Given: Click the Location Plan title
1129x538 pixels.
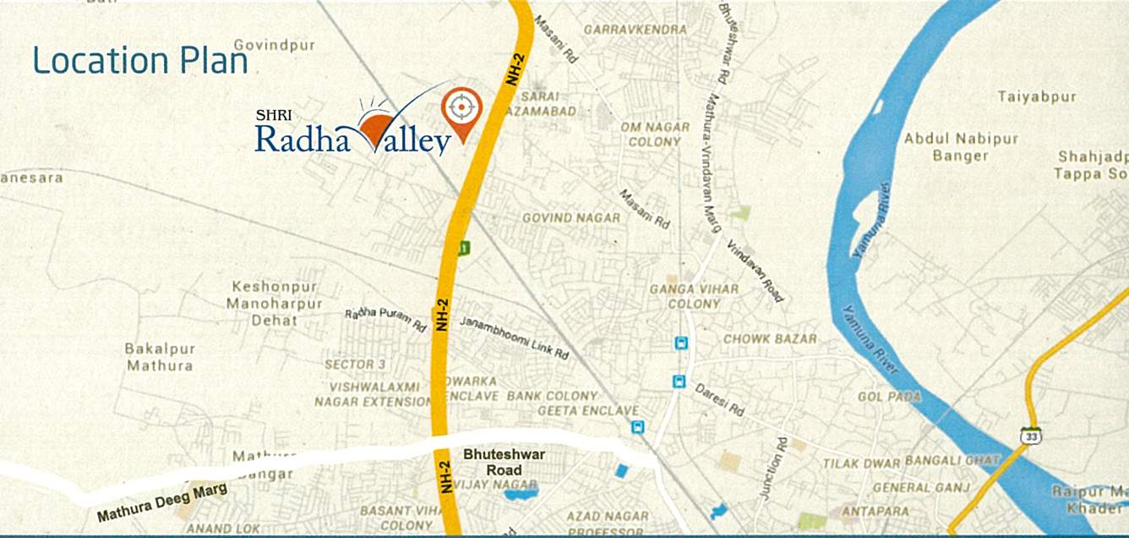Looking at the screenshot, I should pyautogui.click(x=140, y=61).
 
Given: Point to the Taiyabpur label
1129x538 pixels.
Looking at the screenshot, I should pyautogui.click(x=1037, y=97).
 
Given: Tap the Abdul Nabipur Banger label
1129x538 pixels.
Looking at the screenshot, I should pyautogui.click(x=961, y=146).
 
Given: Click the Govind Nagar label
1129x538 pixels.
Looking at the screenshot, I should pyautogui.click(x=571, y=217).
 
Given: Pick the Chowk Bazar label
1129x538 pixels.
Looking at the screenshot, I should pyautogui.click(x=770, y=338).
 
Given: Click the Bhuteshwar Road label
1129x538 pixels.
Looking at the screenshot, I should pyautogui.click(x=504, y=462).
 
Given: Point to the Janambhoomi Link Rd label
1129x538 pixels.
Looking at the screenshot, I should pyautogui.click(x=514, y=338).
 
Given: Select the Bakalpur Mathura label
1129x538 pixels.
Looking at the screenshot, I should pyautogui.click(x=160, y=357).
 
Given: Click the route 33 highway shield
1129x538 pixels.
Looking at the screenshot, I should pyautogui.click(x=1030, y=436).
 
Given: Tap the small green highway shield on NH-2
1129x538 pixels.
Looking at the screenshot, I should pyautogui.click(x=463, y=248).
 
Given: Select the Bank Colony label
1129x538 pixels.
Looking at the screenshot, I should pyautogui.click(x=552, y=396).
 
